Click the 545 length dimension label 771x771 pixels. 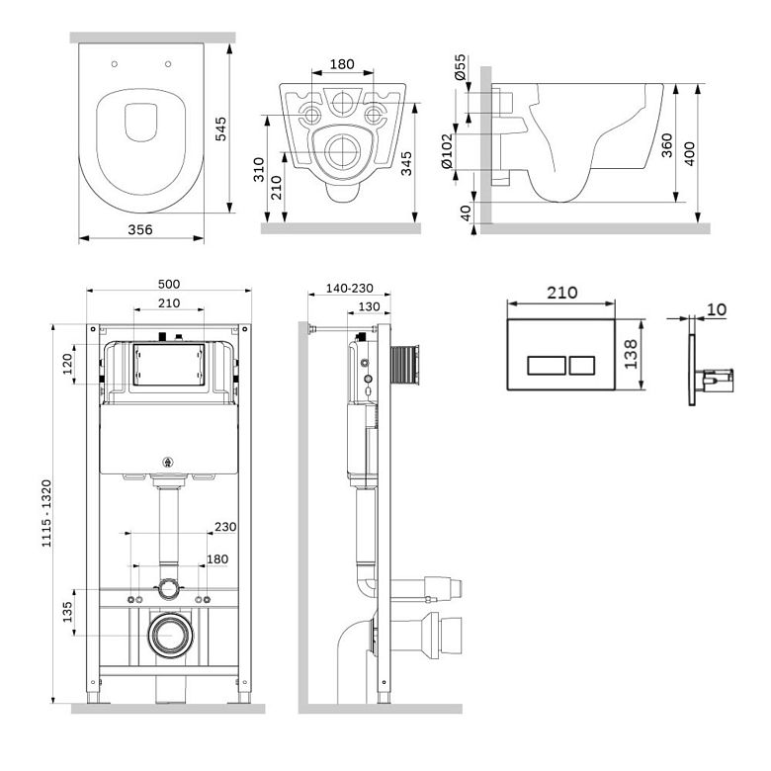[x=221, y=128]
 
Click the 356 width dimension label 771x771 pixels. [x=140, y=229]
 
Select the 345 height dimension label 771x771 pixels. [x=406, y=164]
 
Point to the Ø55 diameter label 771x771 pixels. [x=461, y=67]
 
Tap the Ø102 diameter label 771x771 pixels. [x=447, y=151]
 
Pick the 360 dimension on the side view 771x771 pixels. [x=667, y=145]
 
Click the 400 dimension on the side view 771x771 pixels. [x=689, y=154]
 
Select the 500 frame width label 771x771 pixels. [x=169, y=284]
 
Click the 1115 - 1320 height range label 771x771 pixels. [x=46, y=513]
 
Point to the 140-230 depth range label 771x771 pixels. [x=350, y=289]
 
